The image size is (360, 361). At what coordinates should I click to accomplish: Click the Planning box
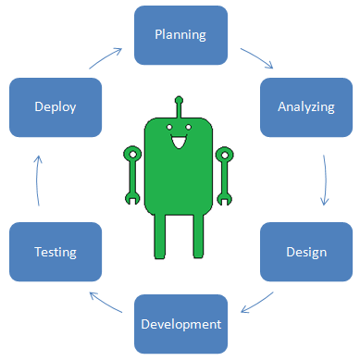180,35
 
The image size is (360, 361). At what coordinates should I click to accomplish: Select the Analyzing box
305,106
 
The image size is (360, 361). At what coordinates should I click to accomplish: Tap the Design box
306,252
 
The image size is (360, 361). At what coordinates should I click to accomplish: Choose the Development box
180,324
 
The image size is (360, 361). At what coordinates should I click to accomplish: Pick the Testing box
55,251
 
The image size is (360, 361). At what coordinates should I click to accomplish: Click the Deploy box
55,106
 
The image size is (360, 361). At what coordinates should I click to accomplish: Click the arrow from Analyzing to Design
325,179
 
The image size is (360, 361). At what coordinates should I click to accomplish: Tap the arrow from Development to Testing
107,304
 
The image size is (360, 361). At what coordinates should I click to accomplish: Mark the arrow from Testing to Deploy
36,179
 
